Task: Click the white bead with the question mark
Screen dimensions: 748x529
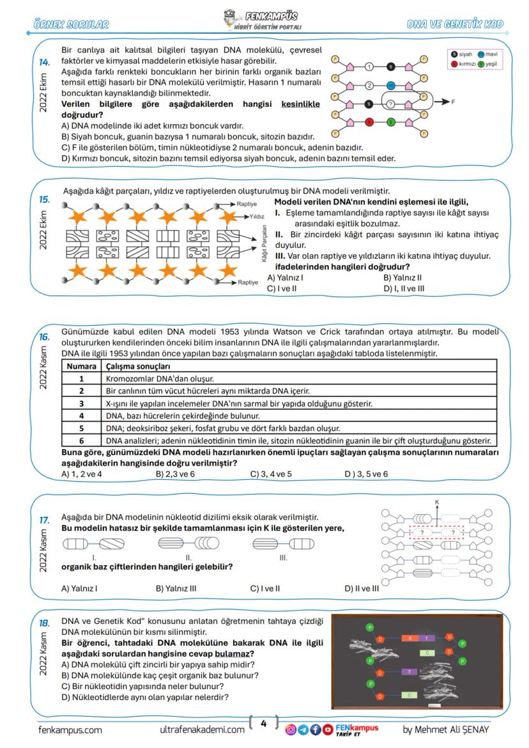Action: tap(391, 103)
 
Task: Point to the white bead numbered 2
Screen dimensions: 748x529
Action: tap(369, 85)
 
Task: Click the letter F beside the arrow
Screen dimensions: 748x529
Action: tap(454, 103)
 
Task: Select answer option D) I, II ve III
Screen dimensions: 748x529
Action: tap(404, 289)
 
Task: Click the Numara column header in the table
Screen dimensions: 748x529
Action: tap(82, 366)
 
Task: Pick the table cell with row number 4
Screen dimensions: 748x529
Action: tap(82, 415)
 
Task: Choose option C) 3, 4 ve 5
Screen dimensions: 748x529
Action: tap(271, 474)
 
